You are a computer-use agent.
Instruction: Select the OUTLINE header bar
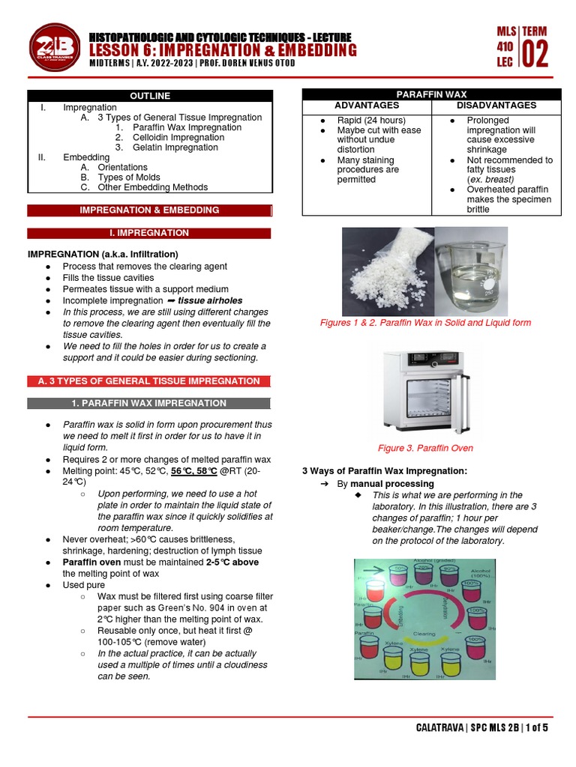(149, 96)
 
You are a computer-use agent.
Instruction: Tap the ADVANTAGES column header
(366, 106)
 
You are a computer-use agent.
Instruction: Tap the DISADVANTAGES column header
(496, 106)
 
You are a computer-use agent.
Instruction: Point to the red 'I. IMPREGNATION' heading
(149, 233)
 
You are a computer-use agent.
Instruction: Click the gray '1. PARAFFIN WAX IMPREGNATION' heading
(149, 403)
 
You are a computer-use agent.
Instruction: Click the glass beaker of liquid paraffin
(470, 272)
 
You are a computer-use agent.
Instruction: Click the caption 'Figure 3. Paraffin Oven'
(424, 448)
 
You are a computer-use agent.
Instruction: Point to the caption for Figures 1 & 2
(424, 323)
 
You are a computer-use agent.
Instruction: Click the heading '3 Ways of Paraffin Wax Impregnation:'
(384, 470)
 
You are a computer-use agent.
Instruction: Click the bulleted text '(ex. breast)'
(490, 180)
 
